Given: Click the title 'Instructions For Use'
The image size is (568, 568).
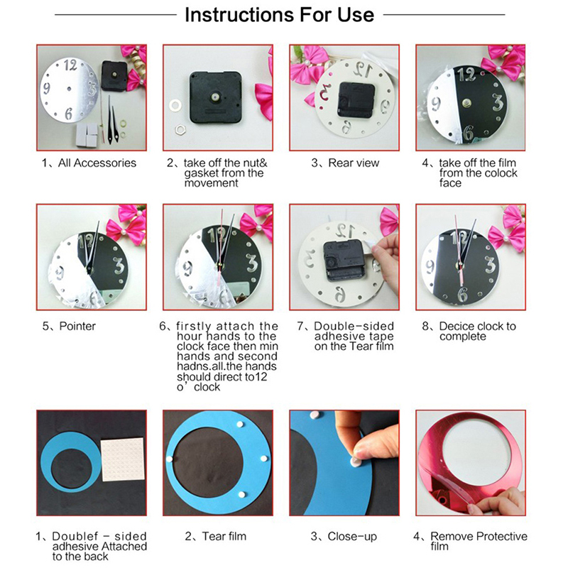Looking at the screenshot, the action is pyautogui.click(x=279, y=15).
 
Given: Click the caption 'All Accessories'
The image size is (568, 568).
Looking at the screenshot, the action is pyautogui.click(x=97, y=163).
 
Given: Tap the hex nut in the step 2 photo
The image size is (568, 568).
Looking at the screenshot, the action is pyautogui.click(x=180, y=129).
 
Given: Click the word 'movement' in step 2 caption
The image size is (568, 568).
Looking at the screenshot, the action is pyautogui.click(x=211, y=183).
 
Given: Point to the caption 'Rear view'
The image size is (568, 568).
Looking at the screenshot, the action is pyautogui.click(x=354, y=163).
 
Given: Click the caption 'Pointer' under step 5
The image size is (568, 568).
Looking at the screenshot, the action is pyautogui.click(x=77, y=326).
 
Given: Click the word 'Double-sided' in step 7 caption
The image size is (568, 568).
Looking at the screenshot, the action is pyautogui.click(x=354, y=326).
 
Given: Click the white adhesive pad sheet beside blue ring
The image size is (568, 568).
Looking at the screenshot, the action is pyautogui.click(x=122, y=459).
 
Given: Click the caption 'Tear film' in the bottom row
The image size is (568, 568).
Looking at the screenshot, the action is pyautogui.click(x=224, y=536).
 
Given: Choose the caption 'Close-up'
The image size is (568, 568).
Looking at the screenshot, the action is pyautogui.click(x=352, y=537).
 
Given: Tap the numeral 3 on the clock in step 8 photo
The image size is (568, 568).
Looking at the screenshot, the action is pyautogui.click(x=490, y=265).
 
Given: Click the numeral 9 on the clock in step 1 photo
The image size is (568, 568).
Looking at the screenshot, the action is pyautogui.click(x=47, y=88).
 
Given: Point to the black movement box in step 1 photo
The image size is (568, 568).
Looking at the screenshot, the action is pyautogui.click(x=114, y=75).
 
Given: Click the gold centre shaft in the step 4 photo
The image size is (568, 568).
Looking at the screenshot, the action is pyautogui.click(x=467, y=104).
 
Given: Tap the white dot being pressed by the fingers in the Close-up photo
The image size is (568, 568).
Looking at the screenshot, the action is pyautogui.click(x=356, y=461).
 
